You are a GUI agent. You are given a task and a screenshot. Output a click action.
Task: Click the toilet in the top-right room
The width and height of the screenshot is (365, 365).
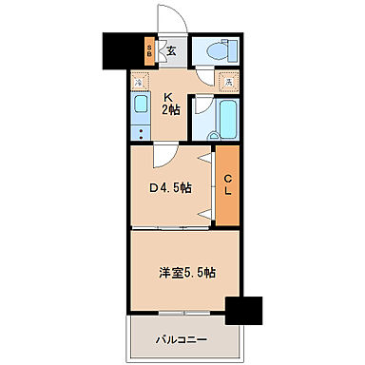213,52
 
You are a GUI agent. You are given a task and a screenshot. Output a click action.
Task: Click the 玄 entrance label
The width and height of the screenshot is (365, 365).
171,51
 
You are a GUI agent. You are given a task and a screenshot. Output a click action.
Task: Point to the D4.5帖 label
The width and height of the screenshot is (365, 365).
172,188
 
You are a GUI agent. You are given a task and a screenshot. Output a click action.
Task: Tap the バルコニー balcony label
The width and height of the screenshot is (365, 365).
183,336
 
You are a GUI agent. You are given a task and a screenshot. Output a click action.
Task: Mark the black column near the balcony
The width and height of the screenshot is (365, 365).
244,313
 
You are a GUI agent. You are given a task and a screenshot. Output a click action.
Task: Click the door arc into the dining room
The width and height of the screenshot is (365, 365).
159,153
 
